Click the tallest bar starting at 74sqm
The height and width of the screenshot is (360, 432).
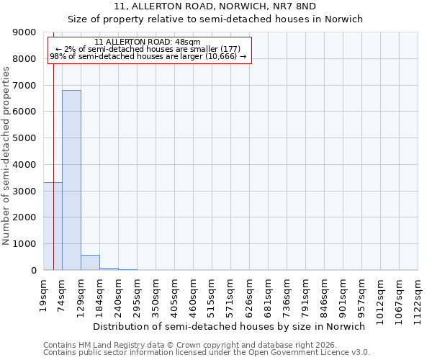(x=71, y=180)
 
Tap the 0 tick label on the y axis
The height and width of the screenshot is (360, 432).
(x=33, y=271)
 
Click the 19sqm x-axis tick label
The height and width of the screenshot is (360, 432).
(x=44, y=294)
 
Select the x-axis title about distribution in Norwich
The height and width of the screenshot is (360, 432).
(x=229, y=326)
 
